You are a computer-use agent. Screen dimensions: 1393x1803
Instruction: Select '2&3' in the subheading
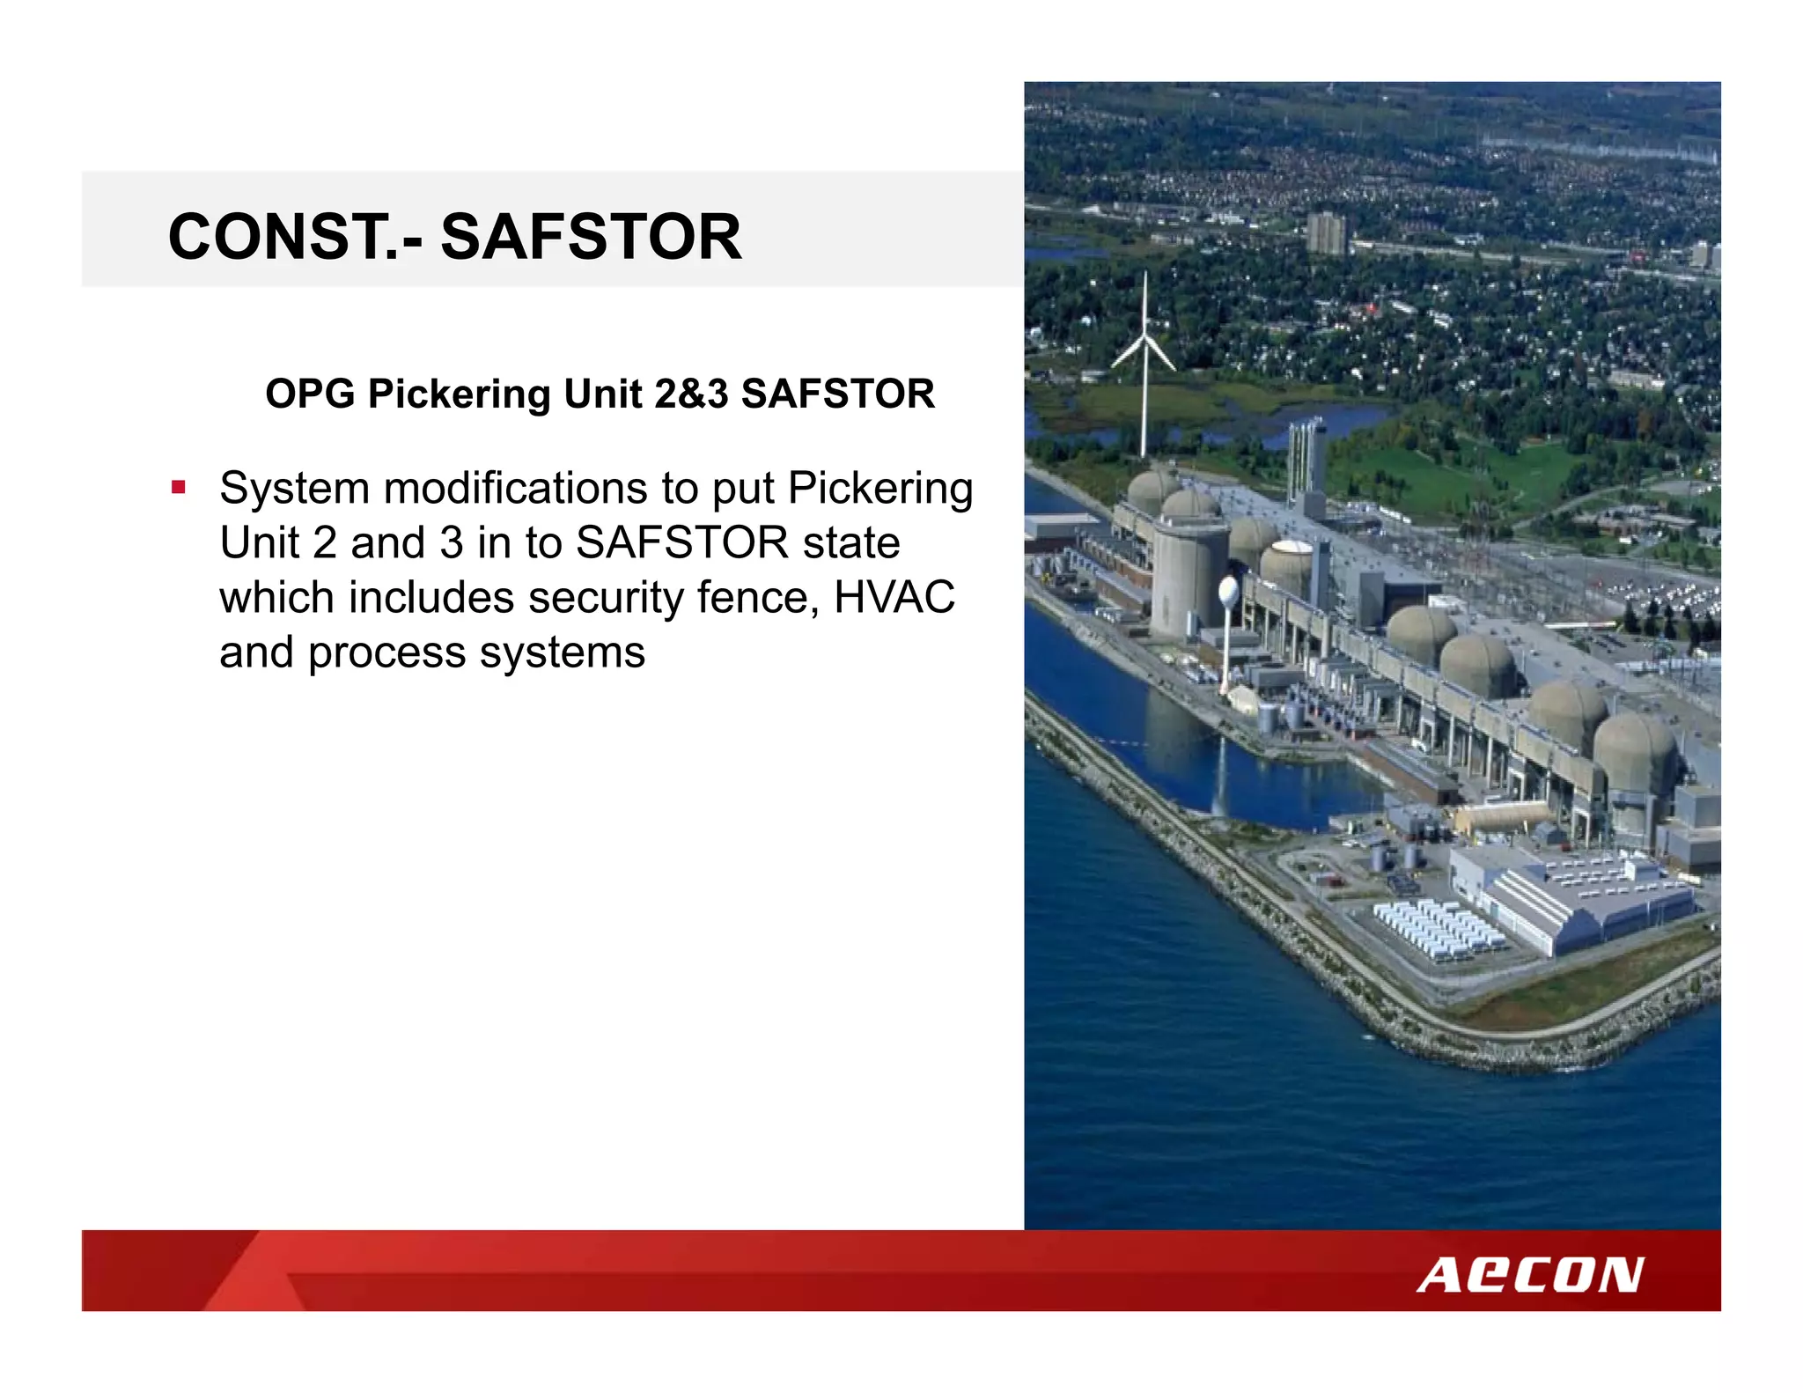[x=691, y=394]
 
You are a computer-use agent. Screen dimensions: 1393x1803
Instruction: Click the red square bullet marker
[x=179, y=487]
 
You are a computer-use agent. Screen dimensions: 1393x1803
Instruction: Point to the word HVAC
[x=894, y=597]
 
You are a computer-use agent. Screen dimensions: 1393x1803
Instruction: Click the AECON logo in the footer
[x=1530, y=1275]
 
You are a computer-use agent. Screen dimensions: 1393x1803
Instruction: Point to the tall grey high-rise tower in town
[x=1325, y=232]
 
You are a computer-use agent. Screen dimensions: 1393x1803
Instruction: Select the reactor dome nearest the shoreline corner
[x=1633, y=753]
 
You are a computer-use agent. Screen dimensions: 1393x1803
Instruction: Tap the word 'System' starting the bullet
[x=294, y=488]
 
